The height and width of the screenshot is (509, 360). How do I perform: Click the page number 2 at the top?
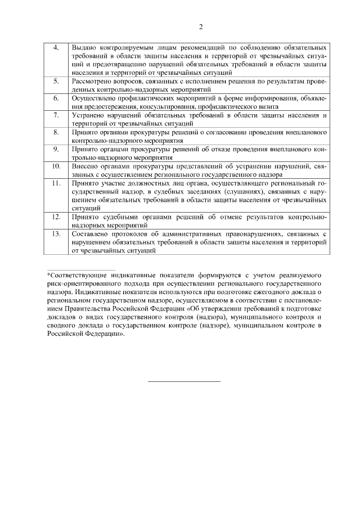coord(200,26)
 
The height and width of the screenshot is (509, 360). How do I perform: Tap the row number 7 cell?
coord(56,115)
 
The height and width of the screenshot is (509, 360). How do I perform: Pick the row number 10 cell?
coord(56,167)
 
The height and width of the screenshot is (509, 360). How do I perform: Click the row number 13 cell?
coord(56,232)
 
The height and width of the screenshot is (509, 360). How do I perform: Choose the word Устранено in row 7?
coord(89,115)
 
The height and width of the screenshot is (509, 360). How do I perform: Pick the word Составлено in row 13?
coord(92,232)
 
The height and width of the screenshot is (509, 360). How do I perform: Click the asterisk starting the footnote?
coord(49,275)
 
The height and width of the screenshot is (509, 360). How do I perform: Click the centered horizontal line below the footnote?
coord(184,381)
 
